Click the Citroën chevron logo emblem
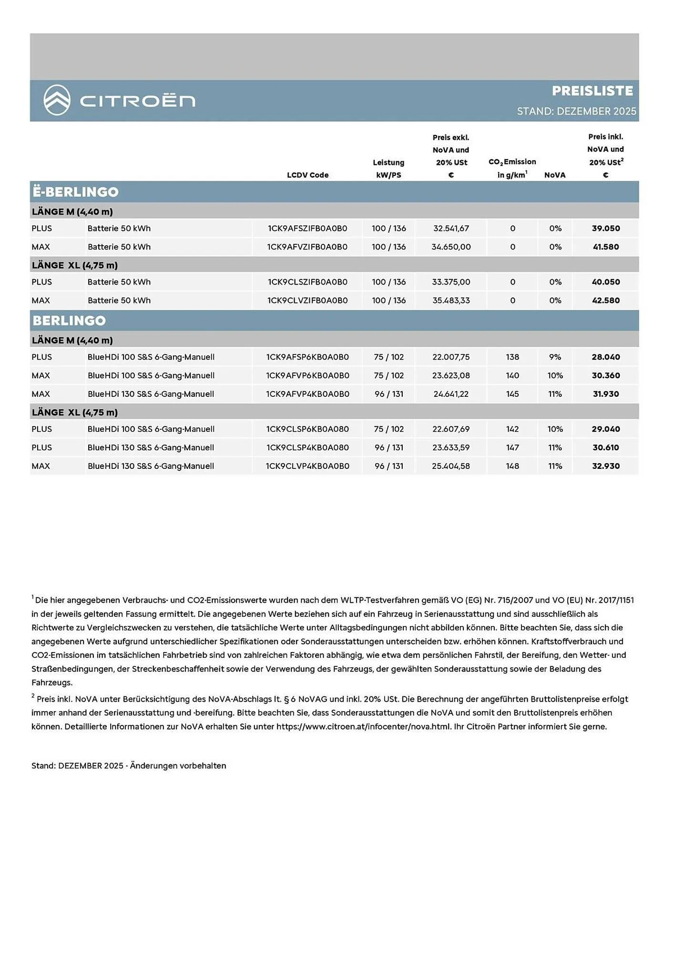(x=57, y=100)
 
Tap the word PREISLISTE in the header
(x=592, y=91)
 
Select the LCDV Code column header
(x=307, y=175)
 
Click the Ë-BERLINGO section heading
(x=75, y=192)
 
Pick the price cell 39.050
(x=606, y=228)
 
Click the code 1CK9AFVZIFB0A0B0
(x=307, y=247)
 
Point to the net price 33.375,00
(x=451, y=282)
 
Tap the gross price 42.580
(x=606, y=301)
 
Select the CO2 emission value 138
(x=512, y=357)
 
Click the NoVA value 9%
(x=555, y=357)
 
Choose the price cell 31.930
(x=606, y=394)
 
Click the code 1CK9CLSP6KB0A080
(x=307, y=429)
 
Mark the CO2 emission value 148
(x=512, y=466)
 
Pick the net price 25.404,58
(x=451, y=466)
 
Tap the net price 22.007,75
(x=451, y=357)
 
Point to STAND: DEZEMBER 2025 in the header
(x=576, y=111)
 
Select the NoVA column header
(x=555, y=175)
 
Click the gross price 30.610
(x=606, y=447)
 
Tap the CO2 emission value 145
(x=512, y=394)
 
